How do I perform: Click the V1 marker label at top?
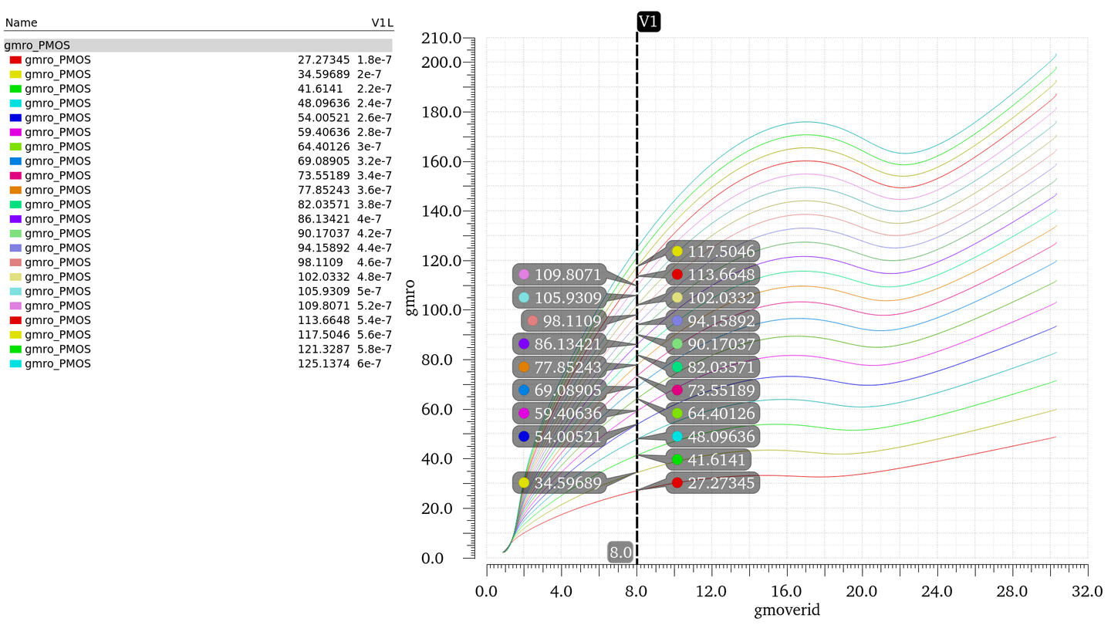coord(648,22)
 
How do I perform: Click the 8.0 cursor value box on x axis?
coord(621,552)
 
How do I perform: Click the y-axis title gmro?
coord(412,297)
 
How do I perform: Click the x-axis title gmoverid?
coord(787,610)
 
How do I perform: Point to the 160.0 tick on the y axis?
coord(441,162)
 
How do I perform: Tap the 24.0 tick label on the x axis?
coord(937,591)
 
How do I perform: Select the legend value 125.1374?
coord(323,363)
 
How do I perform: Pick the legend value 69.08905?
coord(323,161)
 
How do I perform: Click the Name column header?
coord(22,23)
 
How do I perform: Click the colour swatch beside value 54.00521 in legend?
coord(15,118)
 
